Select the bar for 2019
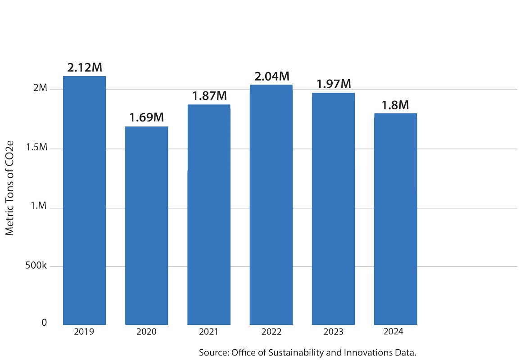pos(84,200)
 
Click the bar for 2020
pos(146,225)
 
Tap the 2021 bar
pos(209,215)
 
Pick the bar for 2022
pos(271,205)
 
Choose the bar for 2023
pos(333,209)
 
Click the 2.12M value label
pos(85,67)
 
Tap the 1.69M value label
pos(147,118)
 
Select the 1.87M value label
pos(209,96)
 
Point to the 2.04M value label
pos(271,76)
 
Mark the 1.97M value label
pos(333,84)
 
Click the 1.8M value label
pos(395,105)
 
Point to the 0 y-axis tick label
pos(44,323)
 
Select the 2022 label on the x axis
pos(271,332)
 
